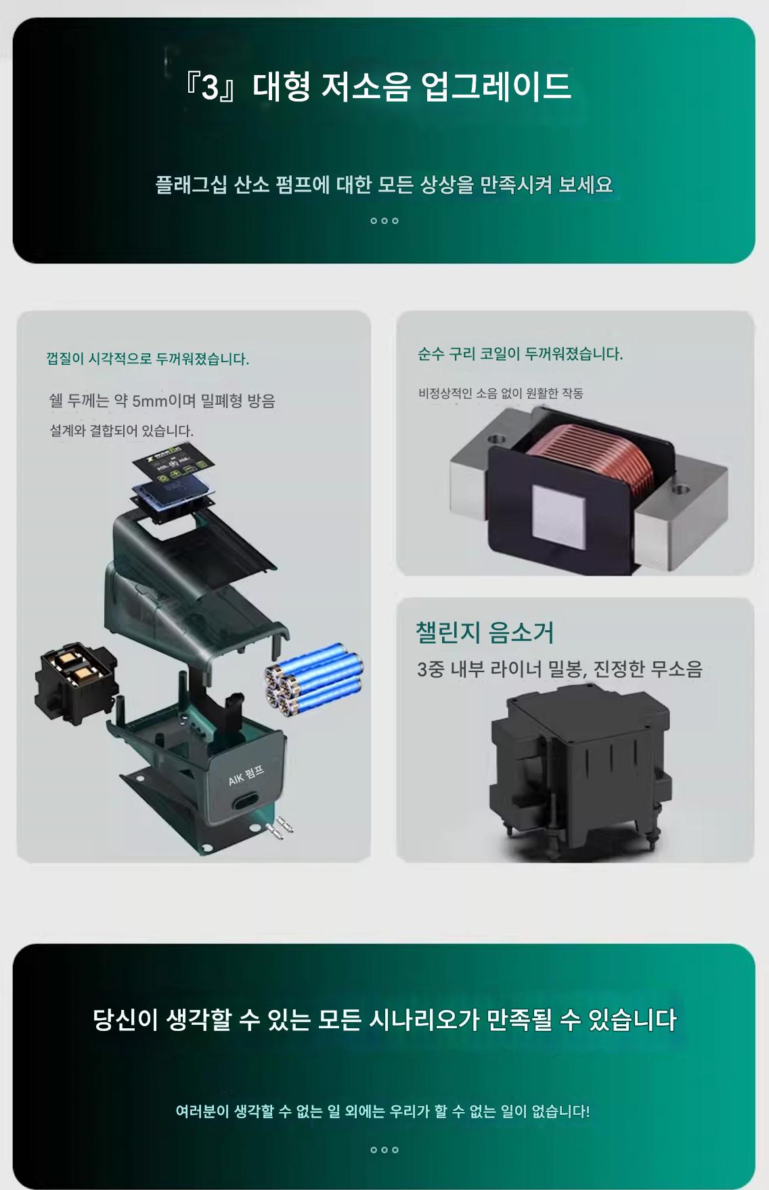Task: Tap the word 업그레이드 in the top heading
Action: point(496,87)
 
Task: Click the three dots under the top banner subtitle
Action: point(384,221)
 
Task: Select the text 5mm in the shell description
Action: point(150,401)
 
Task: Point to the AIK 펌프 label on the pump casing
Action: point(246,776)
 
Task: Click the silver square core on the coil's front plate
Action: point(557,516)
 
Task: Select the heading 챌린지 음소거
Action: point(485,632)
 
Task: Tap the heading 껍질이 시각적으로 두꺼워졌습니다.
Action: point(148,359)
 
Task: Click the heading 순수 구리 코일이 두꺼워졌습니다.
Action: point(520,354)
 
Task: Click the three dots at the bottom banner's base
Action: point(384,1150)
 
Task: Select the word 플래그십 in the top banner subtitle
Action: point(192,185)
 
